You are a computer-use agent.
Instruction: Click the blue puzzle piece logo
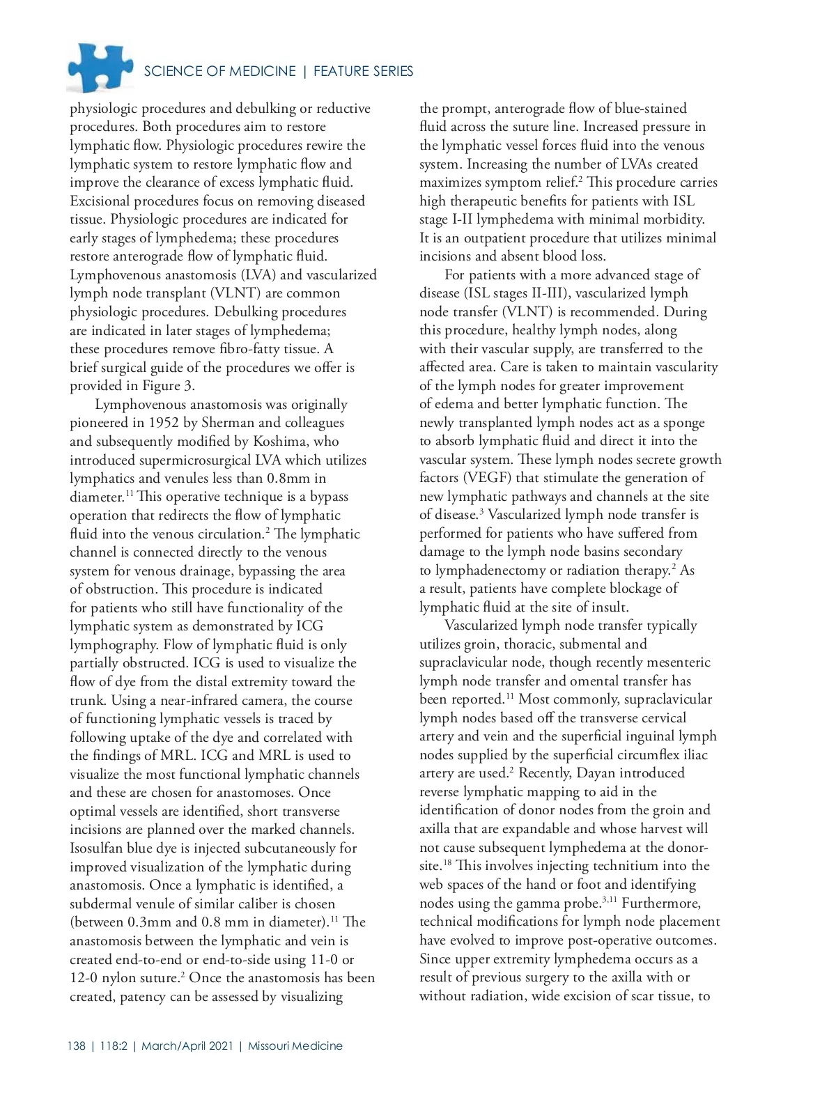(x=100, y=68)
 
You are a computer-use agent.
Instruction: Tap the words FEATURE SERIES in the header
(x=363, y=72)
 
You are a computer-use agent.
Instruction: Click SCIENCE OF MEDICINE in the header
(x=219, y=72)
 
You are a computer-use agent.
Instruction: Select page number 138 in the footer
(x=77, y=1046)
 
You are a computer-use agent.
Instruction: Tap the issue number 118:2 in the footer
(x=114, y=1046)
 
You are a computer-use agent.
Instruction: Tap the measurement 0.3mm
(x=152, y=922)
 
